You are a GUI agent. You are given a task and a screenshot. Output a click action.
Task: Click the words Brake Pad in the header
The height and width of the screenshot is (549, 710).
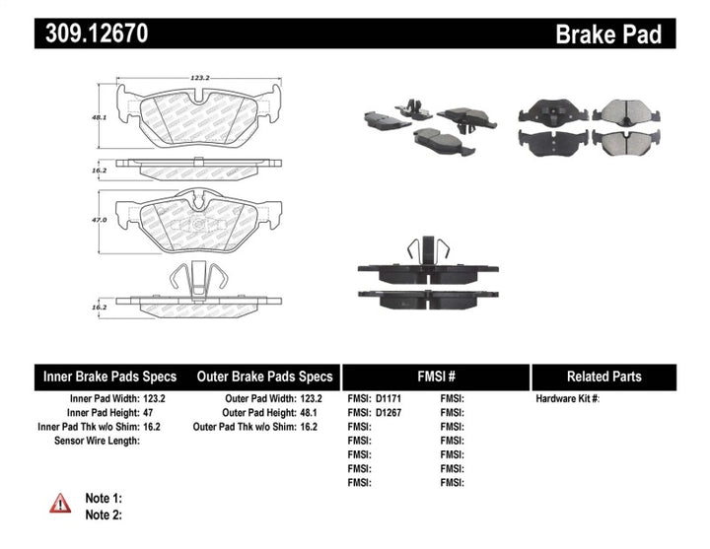[607, 34]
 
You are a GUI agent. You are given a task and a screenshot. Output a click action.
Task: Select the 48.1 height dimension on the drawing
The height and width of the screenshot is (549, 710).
[99, 116]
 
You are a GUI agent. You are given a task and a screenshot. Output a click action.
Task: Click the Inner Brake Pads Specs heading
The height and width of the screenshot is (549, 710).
[109, 377]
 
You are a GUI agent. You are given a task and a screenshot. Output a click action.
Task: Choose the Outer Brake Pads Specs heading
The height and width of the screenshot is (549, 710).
[264, 377]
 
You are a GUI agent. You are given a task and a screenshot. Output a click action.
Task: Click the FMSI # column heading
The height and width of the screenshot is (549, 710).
[435, 377]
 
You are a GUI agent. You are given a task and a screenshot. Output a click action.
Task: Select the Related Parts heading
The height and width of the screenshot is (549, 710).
[603, 377]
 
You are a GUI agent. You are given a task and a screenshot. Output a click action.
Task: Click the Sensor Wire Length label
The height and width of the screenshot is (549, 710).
[97, 441]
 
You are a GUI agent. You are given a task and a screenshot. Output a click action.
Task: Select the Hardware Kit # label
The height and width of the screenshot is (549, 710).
[567, 399]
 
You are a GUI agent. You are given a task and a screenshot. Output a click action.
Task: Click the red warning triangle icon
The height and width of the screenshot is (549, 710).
[61, 504]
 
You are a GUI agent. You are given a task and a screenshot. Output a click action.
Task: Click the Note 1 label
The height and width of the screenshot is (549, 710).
[103, 499]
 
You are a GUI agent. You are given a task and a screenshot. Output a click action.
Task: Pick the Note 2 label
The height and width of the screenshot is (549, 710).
[103, 515]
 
